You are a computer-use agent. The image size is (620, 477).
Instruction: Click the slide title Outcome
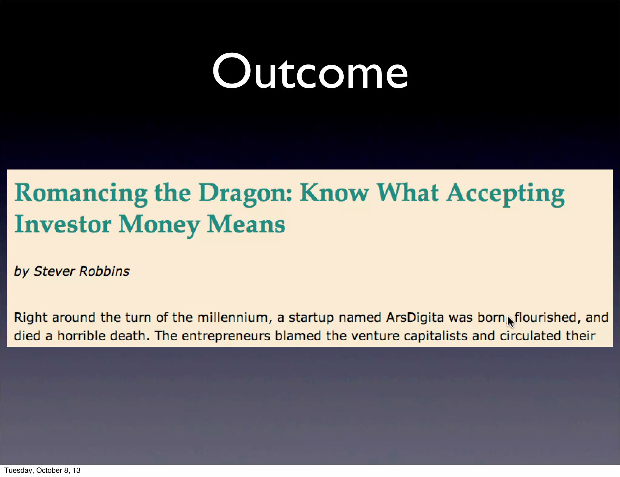click(310, 72)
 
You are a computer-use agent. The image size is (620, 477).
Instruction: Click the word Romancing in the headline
click(81, 193)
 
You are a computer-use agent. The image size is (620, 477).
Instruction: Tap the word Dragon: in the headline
click(245, 193)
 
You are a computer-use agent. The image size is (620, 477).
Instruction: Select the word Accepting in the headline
click(506, 193)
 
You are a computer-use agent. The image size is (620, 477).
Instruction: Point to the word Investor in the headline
click(63, 225)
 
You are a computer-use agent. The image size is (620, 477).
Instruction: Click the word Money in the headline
click(159, 225)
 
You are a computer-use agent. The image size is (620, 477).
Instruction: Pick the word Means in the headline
click(246, 225)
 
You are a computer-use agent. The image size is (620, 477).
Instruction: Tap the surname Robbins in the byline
click(104, 271)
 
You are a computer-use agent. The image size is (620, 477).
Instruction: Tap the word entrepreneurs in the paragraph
click(226, 336)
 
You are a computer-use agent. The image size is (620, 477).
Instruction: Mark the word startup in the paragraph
click(311, 317)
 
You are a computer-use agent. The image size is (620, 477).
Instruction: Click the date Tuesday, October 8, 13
click(42, 470)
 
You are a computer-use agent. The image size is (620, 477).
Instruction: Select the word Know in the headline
click(334, 193)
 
